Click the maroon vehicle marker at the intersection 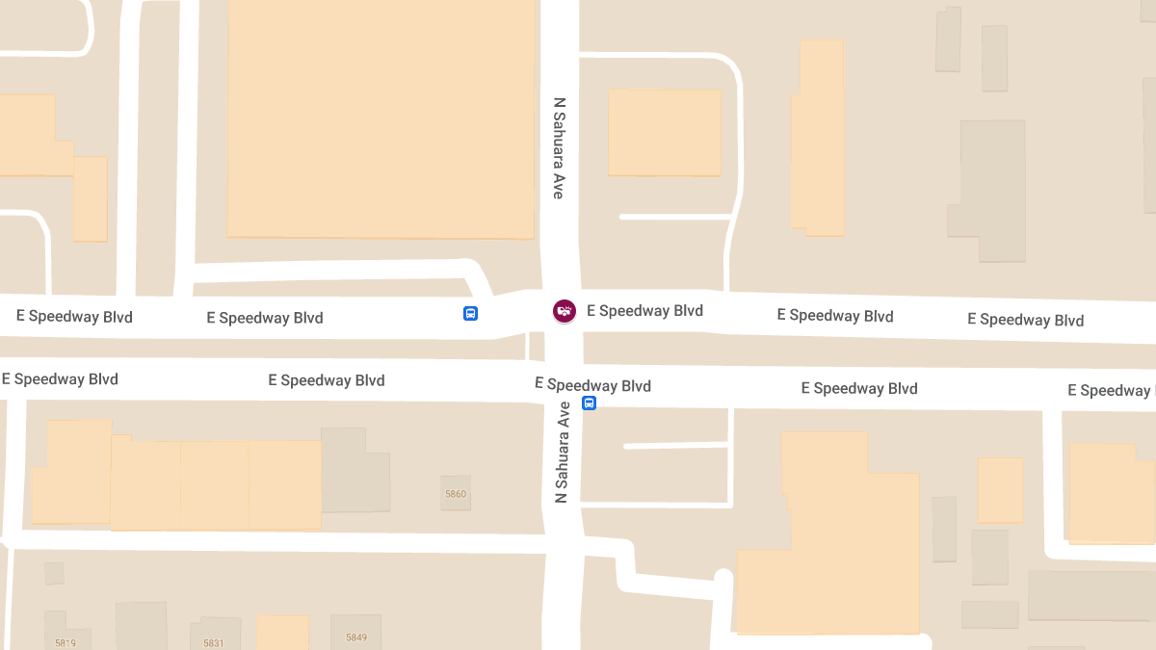pyautogui.click(x=565, y=310)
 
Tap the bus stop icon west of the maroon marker pyautogui.click(x=470, y=313)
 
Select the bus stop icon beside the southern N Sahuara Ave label pyautogui.click(x=589, y=403)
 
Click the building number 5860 pyautogui.click(x=456, y=494)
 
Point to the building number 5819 pyautogui.click(x=66, y=642)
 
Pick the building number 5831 pyautogui.click(x=214, y=642)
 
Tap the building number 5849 pyautogui.click(x=356, y=637)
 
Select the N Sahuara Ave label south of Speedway pyautogui.click(x=563, y=452)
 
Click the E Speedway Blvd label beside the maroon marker pyautogui.click(x=644, y=311)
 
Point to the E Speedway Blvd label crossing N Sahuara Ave pyautogui.click(x=592, y=385)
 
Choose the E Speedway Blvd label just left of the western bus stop pyautogui.click(x=265, y=318)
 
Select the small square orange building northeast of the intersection pyautogui.click(x=664, y=133)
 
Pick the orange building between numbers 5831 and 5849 pyautogui.click(x=282, y=633)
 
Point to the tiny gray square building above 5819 pyautogui.click(x=54, y=573)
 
